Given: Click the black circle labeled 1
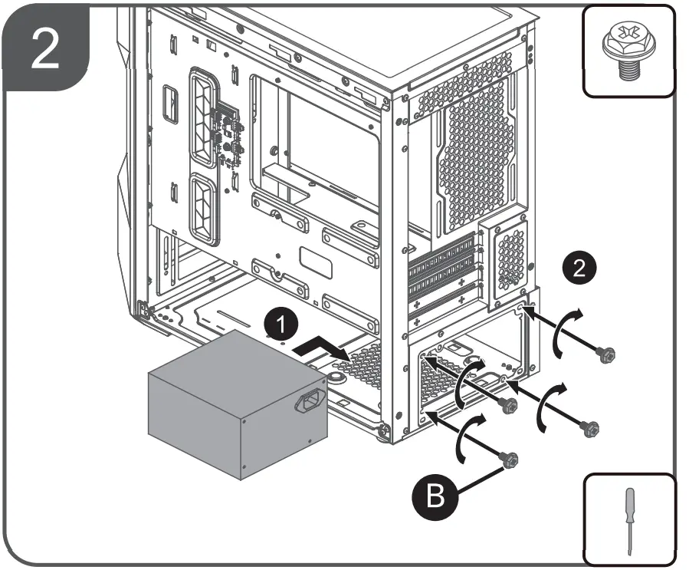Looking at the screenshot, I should [x=283, y=325].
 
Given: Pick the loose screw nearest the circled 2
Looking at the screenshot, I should [x=605, y=354].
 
